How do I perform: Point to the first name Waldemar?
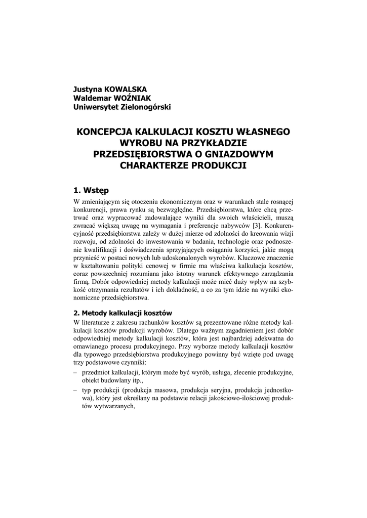pos(92,98)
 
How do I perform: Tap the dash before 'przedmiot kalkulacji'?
pos(75,372)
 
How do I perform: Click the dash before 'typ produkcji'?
pos(75,391)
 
